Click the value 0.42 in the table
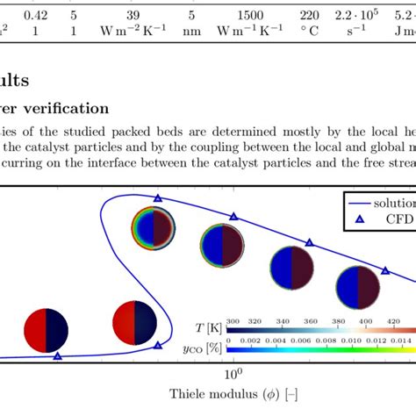tap(36, 16)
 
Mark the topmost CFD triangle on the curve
tap(158, 200)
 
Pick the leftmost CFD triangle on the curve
tap(58, 355)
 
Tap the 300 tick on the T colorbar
tap(233, 321)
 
